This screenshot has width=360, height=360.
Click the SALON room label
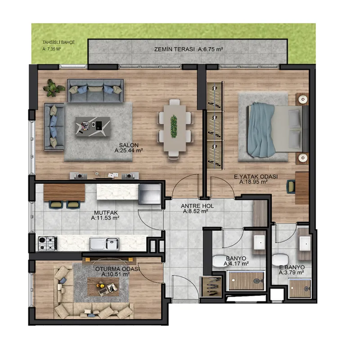pos(129,145)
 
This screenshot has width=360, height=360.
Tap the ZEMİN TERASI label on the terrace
pos(174,49)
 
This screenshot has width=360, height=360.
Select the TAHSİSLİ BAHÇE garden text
pos(59,42)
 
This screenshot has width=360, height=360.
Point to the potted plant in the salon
pos(54,88)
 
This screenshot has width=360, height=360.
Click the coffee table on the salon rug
pos(93,127)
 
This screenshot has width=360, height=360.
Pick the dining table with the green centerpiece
pos(175,128)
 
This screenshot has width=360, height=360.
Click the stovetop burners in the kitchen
pos(48,243)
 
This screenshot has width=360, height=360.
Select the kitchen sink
pos(104,244)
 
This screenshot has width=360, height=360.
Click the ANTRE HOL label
pos(197,206)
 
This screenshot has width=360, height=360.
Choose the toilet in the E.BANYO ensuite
pos(280,260)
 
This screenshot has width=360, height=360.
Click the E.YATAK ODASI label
pos(256,177)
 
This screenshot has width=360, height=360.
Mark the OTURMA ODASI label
pos(118,269)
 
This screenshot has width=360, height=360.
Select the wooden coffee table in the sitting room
pos(103,287)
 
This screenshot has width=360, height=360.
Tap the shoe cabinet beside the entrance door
pos(212,287)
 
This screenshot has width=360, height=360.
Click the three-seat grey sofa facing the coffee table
pos(96,90)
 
